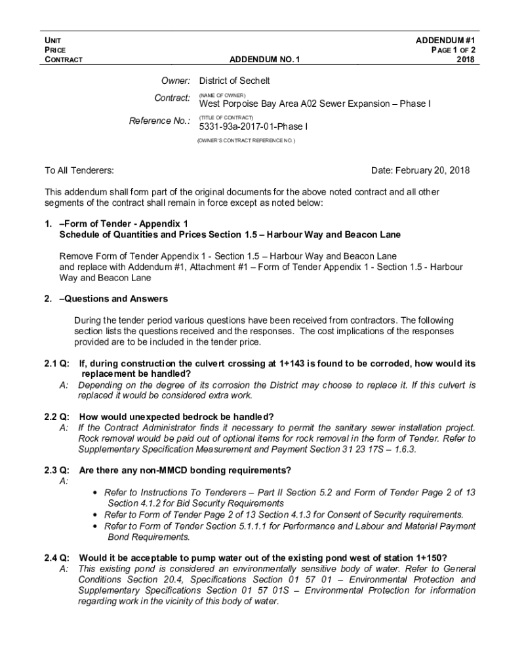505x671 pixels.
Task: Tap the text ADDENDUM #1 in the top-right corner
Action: [445, 40]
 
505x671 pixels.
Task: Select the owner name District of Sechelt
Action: [235, 81]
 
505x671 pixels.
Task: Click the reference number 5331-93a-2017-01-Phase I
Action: [253, 126]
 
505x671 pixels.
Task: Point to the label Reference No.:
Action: [160, 121]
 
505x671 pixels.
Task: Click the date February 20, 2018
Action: [420, 170]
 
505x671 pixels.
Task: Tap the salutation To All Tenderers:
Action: [79, 170]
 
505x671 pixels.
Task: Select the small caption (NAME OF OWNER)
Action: [222, 96]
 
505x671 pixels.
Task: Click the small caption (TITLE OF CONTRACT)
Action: [226, 117]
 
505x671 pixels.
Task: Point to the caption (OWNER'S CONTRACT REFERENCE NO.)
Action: [246, 140]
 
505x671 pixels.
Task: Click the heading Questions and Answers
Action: [116, 299]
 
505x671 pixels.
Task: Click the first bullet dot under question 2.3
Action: [97, 492]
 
